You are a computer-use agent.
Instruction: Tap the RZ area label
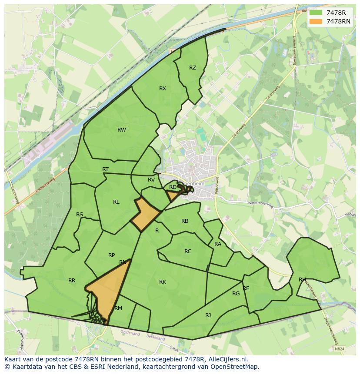click(193, 67)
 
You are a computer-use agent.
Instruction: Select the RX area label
click(163, 88)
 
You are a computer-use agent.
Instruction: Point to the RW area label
click(122, 129)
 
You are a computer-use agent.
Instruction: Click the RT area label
click(105, 169)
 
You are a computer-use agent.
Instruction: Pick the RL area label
click(116, 202)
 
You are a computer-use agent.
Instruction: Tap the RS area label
click(80, 214)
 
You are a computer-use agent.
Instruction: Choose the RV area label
click(151, 179)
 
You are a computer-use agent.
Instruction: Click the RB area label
click(185, 221)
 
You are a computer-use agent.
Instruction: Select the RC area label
click(188, 251)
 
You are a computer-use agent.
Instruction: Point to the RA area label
click(218, 244)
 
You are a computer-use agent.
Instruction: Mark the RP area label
click(112, 255)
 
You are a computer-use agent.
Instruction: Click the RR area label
click(72, 280)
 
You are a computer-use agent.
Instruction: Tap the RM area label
click(118, 308)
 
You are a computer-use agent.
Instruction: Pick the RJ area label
click(208, 315)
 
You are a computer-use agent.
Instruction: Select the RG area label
click(236, 293)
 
